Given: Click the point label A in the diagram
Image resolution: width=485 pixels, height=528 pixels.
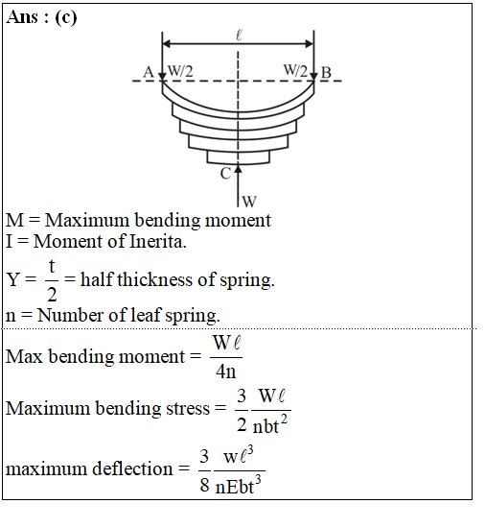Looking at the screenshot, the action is point(149,72).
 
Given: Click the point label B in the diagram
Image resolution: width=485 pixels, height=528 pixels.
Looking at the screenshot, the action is point(326,72).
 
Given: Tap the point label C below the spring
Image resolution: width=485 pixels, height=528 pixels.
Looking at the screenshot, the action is point(225,174).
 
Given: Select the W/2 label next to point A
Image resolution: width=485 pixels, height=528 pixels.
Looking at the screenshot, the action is point(180,71).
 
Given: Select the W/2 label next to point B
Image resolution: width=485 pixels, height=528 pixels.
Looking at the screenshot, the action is point(295,71).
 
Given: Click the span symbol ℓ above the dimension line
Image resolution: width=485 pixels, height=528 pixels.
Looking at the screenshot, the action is point(239,35).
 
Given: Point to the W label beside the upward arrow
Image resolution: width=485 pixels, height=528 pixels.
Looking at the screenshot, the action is point(249,202).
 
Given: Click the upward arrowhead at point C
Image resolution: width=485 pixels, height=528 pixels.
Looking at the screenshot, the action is point(238,169).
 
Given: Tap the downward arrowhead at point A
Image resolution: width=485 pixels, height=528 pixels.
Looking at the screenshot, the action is point(162,77).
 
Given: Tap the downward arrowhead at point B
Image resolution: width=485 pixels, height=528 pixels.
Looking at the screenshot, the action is point(314,77).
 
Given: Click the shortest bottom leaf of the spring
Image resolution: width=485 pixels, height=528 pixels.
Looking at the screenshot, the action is point(239,157).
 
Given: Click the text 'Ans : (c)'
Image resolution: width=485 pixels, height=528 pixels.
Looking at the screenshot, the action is point(41,17).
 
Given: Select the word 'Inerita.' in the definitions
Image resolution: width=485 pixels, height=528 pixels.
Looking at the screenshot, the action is point(158,241).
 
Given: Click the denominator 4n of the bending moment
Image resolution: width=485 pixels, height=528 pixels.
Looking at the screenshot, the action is point(225,372).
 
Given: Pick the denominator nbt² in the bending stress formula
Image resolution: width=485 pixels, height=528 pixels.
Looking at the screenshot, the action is point(270,424).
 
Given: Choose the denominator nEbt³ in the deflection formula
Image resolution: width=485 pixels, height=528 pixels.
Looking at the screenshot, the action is point(238,485).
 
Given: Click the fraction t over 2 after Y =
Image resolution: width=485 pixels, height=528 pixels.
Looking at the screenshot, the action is point(52,280).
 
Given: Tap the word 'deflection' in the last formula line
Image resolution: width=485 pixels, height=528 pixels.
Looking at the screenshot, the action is point(132,468).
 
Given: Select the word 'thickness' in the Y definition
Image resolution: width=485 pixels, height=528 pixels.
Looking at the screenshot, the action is point(154,279).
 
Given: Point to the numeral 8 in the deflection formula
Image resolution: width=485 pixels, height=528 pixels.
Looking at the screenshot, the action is point(205,485).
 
